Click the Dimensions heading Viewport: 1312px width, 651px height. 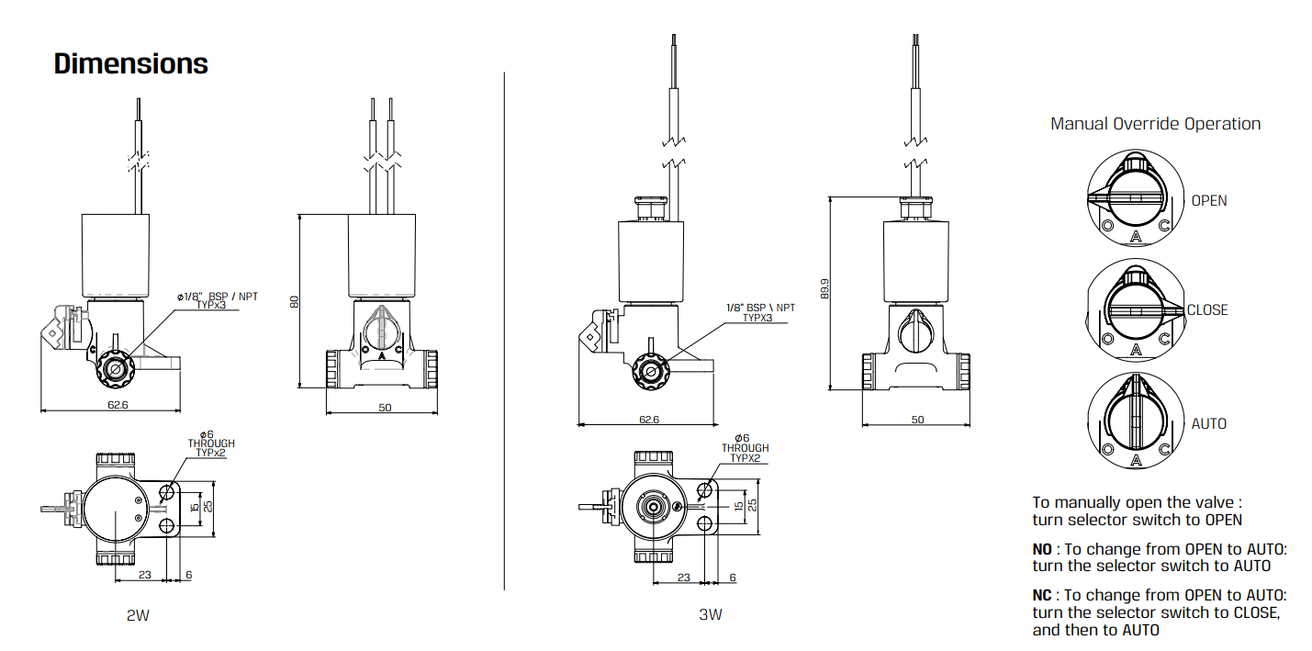[131, 64]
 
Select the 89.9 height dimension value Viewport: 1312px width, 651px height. [824, 290]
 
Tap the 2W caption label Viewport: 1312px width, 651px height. [138, 615]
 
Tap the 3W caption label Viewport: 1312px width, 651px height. [710, 615]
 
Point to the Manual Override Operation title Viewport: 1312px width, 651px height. [1155, 124]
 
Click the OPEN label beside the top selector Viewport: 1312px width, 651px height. [1208, 200]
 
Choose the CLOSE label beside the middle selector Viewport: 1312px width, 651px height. [1207, 310]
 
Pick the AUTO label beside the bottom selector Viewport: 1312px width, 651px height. [1208, 423]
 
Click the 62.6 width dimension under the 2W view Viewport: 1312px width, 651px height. [118, 404]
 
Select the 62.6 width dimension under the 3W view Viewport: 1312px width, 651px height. [649, 420]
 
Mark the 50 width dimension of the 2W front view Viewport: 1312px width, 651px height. [384, 407]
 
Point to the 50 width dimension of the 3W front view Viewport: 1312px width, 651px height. [917, 420]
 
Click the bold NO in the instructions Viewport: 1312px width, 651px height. [1041, 549]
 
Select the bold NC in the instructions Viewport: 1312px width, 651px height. [1042, 595]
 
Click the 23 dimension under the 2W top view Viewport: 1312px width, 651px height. [144, 575]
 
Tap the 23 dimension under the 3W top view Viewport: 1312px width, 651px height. [683, 578]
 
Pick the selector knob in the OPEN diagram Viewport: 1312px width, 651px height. [1135, 197]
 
